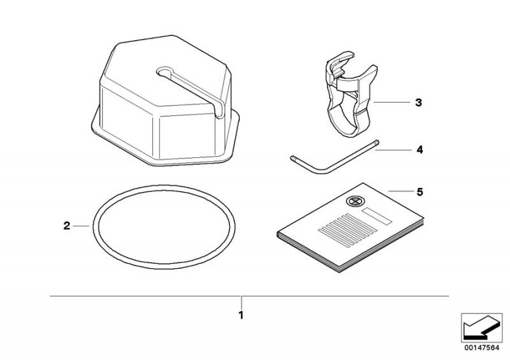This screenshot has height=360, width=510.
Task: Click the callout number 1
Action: [241, 315]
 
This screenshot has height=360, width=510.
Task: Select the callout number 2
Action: [67, 226]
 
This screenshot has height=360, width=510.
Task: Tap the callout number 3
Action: [419, 103]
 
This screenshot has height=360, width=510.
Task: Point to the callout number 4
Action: [419, 150]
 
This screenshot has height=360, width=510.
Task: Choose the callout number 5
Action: [420, 192]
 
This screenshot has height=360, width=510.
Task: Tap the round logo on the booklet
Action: [354, 201]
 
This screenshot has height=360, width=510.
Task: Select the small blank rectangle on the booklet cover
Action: [377, 216]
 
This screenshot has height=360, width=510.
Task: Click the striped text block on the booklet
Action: [347, 229]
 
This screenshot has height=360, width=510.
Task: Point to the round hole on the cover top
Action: [165, 71]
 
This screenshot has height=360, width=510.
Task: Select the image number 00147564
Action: [482, 348]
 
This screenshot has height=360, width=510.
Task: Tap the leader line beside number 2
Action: [81, 226]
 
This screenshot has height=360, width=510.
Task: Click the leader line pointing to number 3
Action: [391, 102]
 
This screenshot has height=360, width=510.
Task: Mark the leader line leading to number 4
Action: [393, 150]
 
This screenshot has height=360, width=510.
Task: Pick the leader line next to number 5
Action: [400, 191]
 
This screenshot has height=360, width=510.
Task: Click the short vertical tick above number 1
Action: [242, 303]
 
